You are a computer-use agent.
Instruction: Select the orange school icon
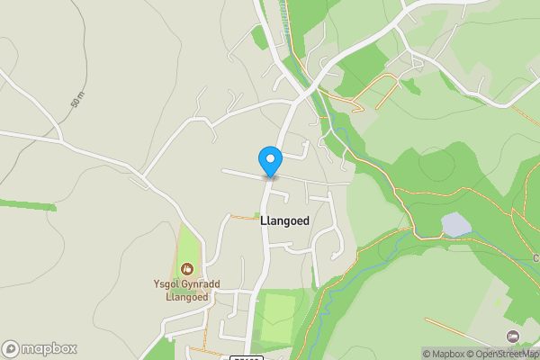click(x=187, y=268)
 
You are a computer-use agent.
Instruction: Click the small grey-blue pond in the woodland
click(x=455, y=224)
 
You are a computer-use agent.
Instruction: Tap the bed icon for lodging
click(x=513, y=336)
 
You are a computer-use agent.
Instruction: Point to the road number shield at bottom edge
click(x=246, y=357)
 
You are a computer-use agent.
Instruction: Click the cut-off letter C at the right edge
click(x=536, y=258)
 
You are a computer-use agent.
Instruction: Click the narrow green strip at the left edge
click(x=27, y=204)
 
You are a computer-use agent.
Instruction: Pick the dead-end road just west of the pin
click(x=241, y=172)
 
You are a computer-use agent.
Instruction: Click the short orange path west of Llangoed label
click(x=243, y=216)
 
